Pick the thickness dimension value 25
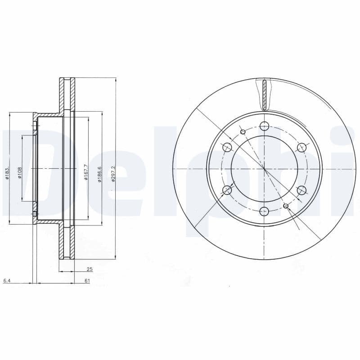pos(90,269)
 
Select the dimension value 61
pos(87,281)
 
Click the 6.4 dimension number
pos(7,281)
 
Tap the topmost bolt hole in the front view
pos(264,126)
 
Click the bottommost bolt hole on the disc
pos(264,211)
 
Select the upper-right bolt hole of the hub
pos(301,147)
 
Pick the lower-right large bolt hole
pos(301,190)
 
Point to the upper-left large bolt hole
pos(227,147)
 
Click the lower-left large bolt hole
pos(227,190)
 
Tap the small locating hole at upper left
pos(243,131)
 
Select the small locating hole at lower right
pos(286,206)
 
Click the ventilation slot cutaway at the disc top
pos(265,95)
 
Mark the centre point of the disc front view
pos(265,169)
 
